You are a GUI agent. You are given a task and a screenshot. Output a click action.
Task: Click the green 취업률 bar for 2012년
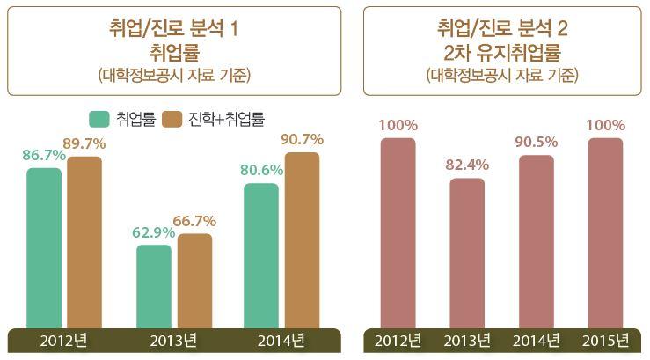coord(44,246)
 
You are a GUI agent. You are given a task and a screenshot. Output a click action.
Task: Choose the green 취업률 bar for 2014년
coord(261,254)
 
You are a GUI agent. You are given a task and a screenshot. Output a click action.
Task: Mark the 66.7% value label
coord(194,220)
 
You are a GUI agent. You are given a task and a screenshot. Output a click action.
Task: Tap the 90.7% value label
coord(302,139)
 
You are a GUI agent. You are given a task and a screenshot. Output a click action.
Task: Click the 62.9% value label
coord(153,232)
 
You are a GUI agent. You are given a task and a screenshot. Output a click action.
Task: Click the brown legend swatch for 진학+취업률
coord(173,117)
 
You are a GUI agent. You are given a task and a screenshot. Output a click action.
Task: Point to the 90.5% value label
coord(537,141)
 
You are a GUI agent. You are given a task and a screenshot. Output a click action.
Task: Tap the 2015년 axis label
coord(606,340)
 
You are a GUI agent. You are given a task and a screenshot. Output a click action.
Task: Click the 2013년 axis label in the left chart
coord(173,340)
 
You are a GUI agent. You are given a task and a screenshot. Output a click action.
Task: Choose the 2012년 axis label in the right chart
coord(398,340)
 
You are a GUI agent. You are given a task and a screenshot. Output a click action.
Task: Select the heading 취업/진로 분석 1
coord(173,29)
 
